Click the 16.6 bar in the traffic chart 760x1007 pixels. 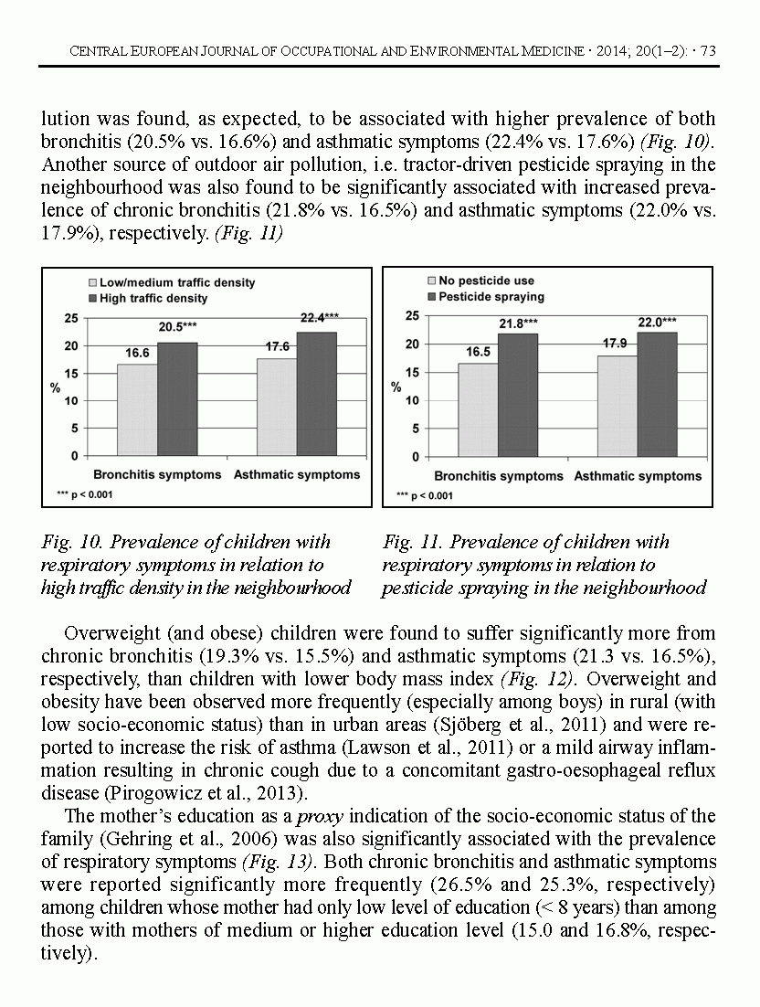[137, 409]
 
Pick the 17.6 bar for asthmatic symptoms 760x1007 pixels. [277, 407]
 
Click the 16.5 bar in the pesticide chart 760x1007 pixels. [478, 409]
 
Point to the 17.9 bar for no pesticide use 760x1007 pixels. [617, 406]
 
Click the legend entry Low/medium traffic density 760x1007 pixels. [171, 283]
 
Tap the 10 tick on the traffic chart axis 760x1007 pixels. [70, 400]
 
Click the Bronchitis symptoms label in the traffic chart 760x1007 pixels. [157, 475]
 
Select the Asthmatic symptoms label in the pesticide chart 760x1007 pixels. [638, 476]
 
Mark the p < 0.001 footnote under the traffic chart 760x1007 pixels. [85, 494]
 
